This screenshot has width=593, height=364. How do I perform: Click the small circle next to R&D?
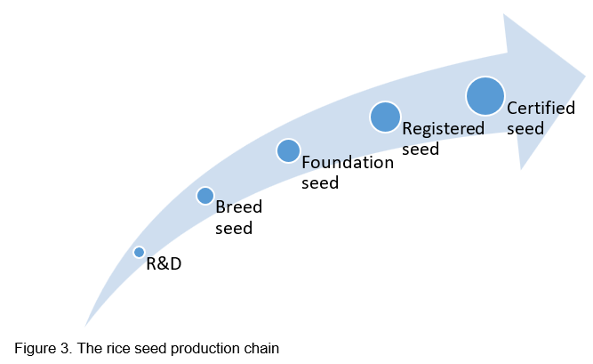(x=139, y=253)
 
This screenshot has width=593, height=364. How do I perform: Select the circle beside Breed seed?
(x=204, y=196)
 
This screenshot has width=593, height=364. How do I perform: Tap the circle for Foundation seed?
(x=288, y=150)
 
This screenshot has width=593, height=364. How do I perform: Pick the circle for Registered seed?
(x=385, y=117)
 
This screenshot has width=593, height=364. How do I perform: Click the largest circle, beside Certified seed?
(x=485, y=95)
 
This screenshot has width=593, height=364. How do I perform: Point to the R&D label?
(x=164, y=264)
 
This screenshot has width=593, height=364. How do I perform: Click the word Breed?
(x=238, y=208)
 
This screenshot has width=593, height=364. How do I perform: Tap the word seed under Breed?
(x=234, y=228)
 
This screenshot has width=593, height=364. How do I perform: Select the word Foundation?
(x=348, y=163)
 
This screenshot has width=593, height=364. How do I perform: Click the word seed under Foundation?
(x=320, y=183)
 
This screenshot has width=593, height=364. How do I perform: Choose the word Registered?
(x=443, y=128)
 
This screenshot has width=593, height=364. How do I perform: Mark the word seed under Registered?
(x=421, y=149)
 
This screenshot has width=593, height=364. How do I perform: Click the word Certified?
(x=541, y=109)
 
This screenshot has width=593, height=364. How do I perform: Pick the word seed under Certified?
(x=525, y=129)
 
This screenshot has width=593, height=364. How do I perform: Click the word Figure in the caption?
(x=33, y=348)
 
